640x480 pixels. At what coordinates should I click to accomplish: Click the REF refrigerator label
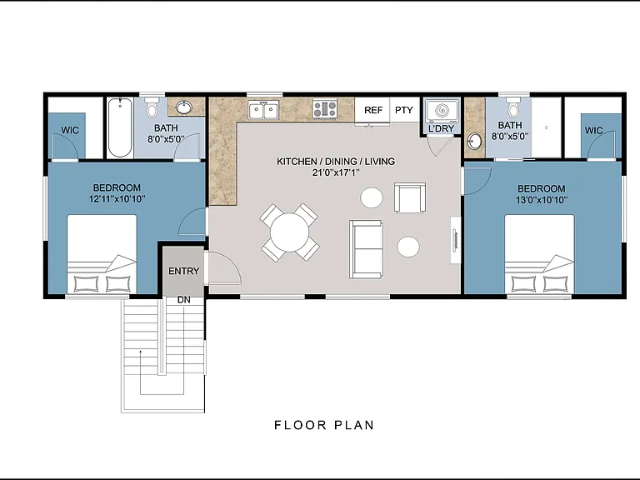coord(373,110)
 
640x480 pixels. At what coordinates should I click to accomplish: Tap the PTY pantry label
coord(404,110)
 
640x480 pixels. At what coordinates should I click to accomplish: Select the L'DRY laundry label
coord(441,128)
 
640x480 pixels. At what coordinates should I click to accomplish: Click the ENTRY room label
coord(183,271)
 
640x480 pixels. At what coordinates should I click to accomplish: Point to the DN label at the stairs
coord(184,300)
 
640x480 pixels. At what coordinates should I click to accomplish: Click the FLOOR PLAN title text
coord(324,425)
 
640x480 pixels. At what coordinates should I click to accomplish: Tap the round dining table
coord(289,232)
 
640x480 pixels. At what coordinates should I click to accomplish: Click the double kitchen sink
coord(263,110)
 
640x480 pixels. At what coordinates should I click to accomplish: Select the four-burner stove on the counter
coord(325,109)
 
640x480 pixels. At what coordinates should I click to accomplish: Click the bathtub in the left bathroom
coord(120,127)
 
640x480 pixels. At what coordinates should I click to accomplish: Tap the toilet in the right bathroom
coord(512,107)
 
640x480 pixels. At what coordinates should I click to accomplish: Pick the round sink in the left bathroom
coord(184,107)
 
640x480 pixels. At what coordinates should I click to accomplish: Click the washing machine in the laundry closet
coord(442,110)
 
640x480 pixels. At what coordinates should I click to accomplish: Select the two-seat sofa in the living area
coord(366,249)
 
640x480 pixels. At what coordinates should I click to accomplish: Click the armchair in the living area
coord(410,197)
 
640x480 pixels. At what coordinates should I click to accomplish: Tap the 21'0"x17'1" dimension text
coord(336,172)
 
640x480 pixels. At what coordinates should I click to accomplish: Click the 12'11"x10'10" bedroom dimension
coord(117,199)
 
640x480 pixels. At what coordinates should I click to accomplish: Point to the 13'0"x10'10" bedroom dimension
coord(542,200)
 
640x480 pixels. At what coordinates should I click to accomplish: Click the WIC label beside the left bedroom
coord(70,131)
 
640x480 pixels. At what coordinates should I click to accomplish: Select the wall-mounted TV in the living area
coord(455,240)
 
